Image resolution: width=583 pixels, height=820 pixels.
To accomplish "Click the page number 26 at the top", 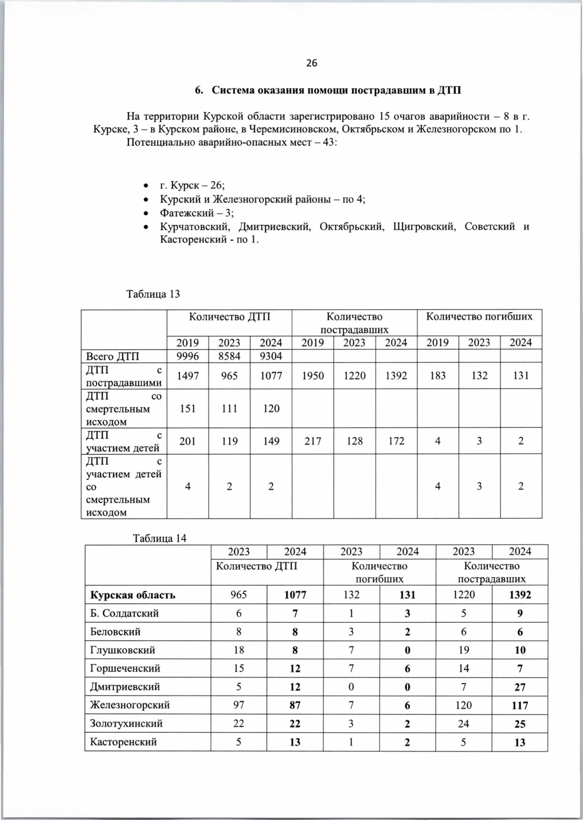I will coord(311,63).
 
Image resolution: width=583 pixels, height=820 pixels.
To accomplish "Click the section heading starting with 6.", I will coord(328,90).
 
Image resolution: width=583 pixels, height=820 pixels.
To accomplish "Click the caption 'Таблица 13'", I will coord(153,294).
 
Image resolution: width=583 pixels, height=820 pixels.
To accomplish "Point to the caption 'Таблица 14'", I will coord(160,538).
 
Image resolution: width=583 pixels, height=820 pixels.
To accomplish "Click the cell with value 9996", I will coord(188,356).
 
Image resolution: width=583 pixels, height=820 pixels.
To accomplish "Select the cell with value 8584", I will coord(229,356).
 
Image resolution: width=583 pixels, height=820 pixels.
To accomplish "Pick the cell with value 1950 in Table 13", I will coord(312,376).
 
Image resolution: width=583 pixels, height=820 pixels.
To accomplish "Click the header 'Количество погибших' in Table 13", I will coord(479,317).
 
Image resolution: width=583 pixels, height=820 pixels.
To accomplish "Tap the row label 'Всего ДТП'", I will coord(112,356).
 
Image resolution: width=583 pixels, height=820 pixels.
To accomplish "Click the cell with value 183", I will coord(437,376).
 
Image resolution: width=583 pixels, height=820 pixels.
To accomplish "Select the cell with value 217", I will coord(312,441).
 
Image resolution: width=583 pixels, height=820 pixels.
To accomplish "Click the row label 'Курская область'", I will coord(133,595).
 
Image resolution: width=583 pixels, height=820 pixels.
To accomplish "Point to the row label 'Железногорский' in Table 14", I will coord(130,705).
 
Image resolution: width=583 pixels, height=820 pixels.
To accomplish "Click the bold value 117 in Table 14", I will coord(519,705).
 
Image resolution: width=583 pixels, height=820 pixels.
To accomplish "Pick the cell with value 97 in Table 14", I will coord(239,705).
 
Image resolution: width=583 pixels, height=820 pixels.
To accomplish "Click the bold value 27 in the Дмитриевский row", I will coord(519,687).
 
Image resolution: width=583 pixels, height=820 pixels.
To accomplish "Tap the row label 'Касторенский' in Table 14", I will coord(123,742).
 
